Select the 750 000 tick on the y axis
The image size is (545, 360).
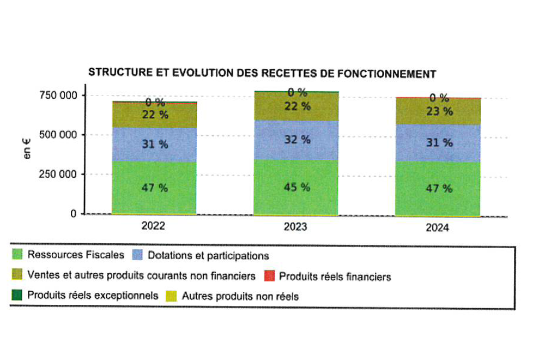(57, 95)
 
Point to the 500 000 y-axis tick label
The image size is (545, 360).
(57, 135)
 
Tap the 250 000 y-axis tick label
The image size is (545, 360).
(57, 175)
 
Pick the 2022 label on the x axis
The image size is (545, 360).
(153, 225)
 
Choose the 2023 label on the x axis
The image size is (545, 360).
(296, 226)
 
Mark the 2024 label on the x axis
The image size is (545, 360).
(438, 229)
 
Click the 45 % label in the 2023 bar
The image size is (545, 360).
(298, 187)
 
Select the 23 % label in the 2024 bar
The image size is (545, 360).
(439, 112)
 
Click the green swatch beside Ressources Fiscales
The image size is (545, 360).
(17, 254)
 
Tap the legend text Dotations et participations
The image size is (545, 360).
(209, 255)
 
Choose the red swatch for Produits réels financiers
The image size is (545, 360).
(269, 276)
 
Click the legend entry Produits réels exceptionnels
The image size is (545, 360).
(93, 296)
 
